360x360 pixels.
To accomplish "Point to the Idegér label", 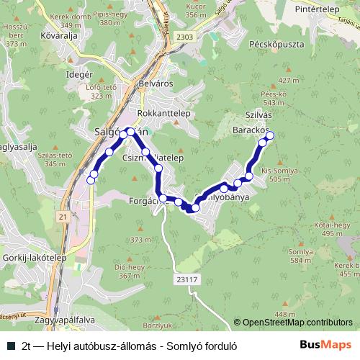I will pos(79,74).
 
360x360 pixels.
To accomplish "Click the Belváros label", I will pos(153,84).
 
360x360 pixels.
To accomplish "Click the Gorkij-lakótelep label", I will pos(34,256).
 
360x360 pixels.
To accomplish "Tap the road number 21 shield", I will pos(63,216).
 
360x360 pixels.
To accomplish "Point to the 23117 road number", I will pos(185,279).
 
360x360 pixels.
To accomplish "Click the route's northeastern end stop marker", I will pos(270,135).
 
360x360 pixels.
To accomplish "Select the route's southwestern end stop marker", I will pos(91,181).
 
